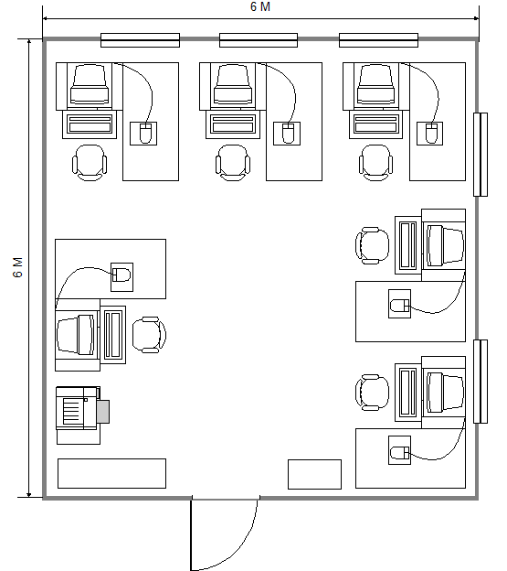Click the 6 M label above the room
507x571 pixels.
point(260,6)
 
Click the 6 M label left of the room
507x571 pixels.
point(17,267)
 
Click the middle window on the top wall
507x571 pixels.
point(259,40)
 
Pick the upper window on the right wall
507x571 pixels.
point(481,155)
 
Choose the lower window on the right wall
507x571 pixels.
point(481,382)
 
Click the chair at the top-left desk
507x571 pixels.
point(90,163)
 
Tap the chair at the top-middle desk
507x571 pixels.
point(233,163)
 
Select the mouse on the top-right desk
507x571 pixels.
point(431,134)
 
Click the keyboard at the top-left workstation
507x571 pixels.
point(90,124)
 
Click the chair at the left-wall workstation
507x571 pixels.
point(150,335)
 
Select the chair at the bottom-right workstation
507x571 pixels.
point(373,393)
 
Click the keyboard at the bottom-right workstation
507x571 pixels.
point(408,393)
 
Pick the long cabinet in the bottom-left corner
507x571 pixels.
point(112,473)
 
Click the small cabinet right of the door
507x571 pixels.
point(315,475)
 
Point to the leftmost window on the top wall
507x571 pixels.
point(140,40)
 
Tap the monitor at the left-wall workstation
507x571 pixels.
point(77,335)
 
